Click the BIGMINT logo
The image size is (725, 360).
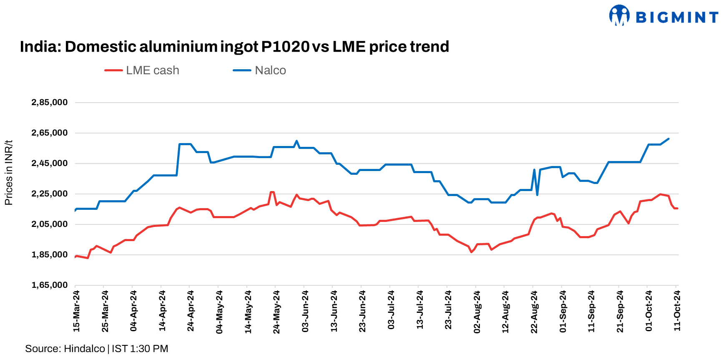point(663,16)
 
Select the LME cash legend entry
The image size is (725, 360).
point(142,70)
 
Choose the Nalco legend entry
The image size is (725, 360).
point(260,70)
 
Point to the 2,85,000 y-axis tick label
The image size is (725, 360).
point(50,103)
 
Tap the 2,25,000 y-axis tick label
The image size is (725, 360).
point(50,194)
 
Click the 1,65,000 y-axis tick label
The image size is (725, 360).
point(50,285)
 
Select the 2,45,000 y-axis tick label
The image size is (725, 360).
point(50,164)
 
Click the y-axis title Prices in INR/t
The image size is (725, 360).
point(9,173)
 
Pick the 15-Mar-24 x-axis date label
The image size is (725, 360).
point(76,311)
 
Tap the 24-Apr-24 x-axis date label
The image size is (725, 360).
point(191,311)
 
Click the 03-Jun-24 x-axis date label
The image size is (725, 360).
point(305,311)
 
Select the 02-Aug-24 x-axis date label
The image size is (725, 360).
point(477,311)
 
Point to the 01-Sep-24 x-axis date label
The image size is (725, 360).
point(563,311)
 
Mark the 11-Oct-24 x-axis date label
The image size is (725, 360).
point(677,311)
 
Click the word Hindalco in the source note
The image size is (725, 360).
point(84,349)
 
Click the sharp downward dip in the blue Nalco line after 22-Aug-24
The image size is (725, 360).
point(537,195)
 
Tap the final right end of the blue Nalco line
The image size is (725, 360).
point(668,139)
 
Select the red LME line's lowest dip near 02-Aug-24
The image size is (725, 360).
point(472,252)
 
